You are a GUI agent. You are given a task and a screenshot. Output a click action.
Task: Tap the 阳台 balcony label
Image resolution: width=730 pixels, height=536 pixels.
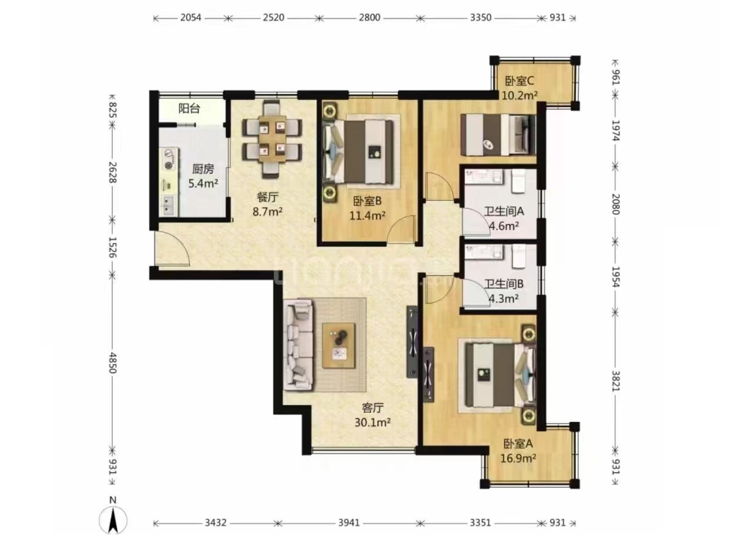pyautogui.click(x=189, y=109)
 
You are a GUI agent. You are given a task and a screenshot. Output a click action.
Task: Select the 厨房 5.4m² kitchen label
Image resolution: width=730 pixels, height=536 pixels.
pyautogui.click(x=203, y=176)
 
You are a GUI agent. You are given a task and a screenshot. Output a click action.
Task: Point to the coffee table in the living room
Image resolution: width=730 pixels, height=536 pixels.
pyautogui.click(x=339, y=345)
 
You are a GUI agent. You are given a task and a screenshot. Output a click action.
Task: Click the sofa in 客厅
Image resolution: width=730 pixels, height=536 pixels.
pyautogui.click(x=298, y=345)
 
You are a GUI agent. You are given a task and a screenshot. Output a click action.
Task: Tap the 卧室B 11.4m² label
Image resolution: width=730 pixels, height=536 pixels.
pyautogui.click(x=367, y=208)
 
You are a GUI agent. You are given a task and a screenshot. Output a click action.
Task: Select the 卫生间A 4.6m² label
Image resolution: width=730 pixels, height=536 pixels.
pyautogui.click(x=504, y=218)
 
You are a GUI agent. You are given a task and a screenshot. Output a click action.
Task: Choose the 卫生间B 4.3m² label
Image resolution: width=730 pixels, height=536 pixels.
pyautogui.click(x=504, y=291)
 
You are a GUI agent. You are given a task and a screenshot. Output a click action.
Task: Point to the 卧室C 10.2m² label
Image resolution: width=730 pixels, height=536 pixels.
pyautogui.click(x=520, y=88)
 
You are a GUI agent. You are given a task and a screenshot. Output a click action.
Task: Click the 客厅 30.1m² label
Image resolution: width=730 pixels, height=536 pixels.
pyautogui.click(x=373, y=415)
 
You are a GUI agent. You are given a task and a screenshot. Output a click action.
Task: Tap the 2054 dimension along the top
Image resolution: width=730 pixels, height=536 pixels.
pyautogui.click(x=190, y=18)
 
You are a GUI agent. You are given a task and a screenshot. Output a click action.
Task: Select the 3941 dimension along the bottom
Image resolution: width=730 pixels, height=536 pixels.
pyautogui.click(x=349, y=523)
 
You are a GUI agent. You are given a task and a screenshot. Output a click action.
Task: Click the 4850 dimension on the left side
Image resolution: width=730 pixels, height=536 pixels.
pyautogui.click(x=112, y=362)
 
